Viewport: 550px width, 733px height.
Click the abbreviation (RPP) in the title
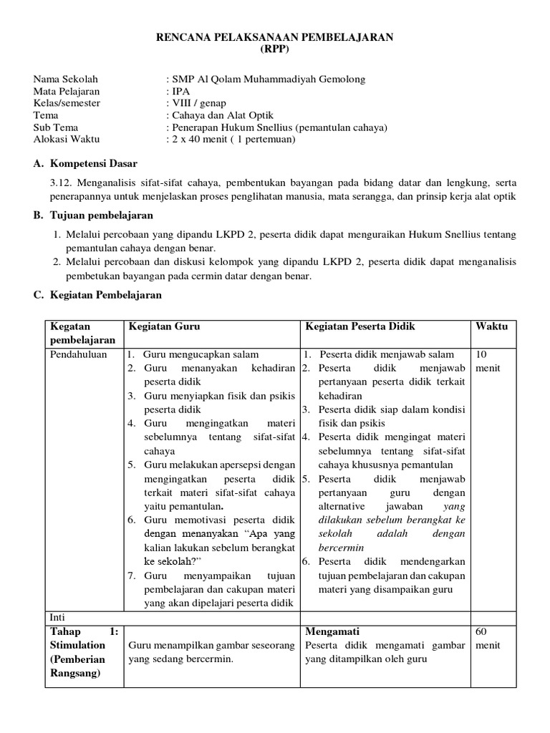(x=275, y=49)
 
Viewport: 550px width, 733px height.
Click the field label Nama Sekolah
(x=65, y=79)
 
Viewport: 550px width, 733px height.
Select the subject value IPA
(x=178, y=92)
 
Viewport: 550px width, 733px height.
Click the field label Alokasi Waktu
(x=67, y=139)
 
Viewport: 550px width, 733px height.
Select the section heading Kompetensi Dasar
(x=93, y=164)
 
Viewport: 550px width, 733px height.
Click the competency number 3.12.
(x=63, y=183)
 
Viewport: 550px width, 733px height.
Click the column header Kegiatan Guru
(x=164, y=326)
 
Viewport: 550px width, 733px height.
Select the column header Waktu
(x=491, y=326)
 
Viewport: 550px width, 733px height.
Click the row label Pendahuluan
(x=78, y=354)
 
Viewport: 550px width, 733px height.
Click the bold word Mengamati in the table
(x=332, y=631)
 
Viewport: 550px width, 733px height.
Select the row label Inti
(x=57, y=616)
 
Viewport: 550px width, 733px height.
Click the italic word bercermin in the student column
(x=347, y=548)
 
